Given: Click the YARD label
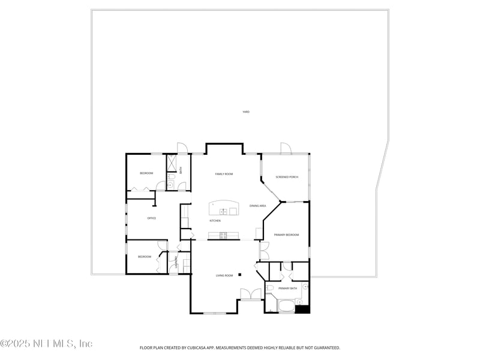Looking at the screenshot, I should coord(245,112).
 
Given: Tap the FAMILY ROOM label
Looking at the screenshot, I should coord(224,174).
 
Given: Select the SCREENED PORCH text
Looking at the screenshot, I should coord(286,177).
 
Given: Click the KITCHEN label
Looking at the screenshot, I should coord(215,221).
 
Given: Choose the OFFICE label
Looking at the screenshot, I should coord(152,218).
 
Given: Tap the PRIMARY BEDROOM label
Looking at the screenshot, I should coord(286,235).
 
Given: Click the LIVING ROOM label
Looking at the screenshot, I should coord(224,276).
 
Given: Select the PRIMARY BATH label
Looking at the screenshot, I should coord(287,289).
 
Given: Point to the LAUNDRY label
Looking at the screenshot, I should coord(175,262).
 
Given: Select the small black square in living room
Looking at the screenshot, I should coord(239,275).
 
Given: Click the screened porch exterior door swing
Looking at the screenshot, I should coord(286,148).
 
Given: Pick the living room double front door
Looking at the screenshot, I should coord(250,294).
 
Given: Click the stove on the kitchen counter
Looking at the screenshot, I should coord(223,235).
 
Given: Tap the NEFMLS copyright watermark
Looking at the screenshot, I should coord(46,344).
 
